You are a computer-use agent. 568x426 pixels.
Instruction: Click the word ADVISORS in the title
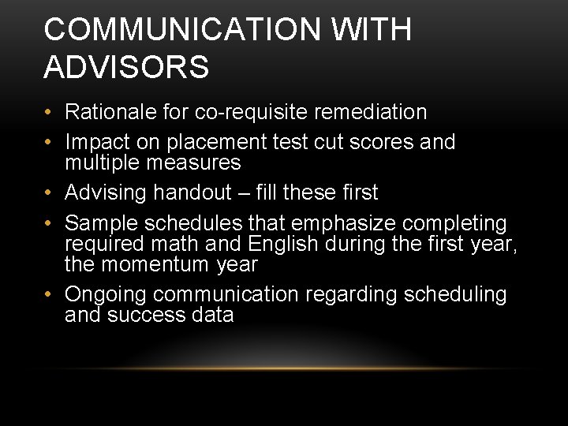pyautogui.click(x=126, y=67)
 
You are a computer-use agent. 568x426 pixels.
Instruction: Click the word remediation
pyautogui.click(x=370, y=112)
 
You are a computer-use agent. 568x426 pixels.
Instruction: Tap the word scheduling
pyautogui.click(x=455, y=294)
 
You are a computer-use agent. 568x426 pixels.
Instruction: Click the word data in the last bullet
pyautogui.click(x=211, y=315)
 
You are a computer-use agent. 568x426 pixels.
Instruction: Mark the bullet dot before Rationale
pyautogui.click(x=50, y=113)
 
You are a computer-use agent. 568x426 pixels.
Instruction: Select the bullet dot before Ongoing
pyautogui.click(x=50, y=295)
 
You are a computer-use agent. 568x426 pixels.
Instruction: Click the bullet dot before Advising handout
pyautogui.click(x=50, y=193)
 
